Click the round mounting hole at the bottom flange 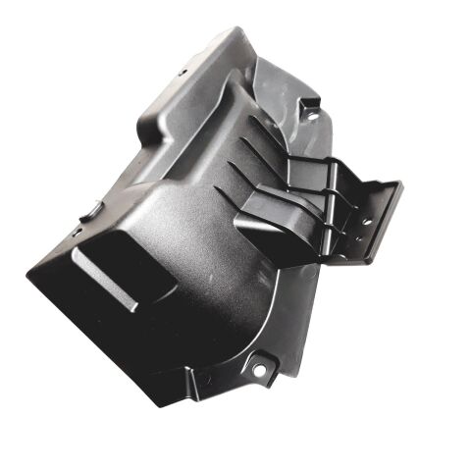click(259, 370)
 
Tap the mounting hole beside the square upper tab click(312, 116)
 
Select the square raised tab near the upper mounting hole click(309, 100)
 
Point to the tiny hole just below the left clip click(77, 232)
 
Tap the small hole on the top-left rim click(183, 72)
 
